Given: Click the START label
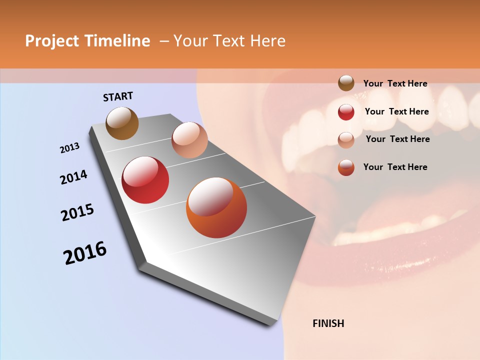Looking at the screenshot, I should pyautogui.click(x=118, y=96).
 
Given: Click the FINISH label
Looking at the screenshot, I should pyautogui.click(x=328, y=323).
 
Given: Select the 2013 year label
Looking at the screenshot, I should pyautogui.click(x=70, y=147).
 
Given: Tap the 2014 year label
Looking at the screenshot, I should pyautogui.click(x=74, y=177).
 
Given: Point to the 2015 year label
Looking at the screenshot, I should pyautogui.click(x=77, y=212).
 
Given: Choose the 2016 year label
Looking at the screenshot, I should pyautogui.click(x=85, y=252).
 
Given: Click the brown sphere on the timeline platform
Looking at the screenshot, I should pyautogui.click(x=122, y=123).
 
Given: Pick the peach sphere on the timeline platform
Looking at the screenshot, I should pyautogui.click(x=189, y=140).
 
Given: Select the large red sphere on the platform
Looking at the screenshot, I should pyautogui.click(x=145, y=180).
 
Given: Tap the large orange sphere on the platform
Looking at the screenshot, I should pyautogui.click(x=216, y=207).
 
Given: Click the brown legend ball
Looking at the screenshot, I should pyautogui.click(x=346, y=83).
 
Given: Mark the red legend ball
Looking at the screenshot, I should pyautogui.click(x=346, y=112).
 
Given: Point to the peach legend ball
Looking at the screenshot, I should pyautogui.click(x=346, y=139).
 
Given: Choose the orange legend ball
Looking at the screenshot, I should pyautogui.click(x=346, y=167).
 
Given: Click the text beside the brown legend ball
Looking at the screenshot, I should pyautogui.click(x=395, y=83).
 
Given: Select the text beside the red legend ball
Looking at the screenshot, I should pyautogui.click(x=396, y=111).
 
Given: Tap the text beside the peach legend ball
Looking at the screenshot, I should pyautogui.click(x=397, y=139).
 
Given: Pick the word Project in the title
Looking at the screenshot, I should pyautogui.click(x=52, y=41).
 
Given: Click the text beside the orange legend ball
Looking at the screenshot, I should pyautogui.click(x=395, y=167).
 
